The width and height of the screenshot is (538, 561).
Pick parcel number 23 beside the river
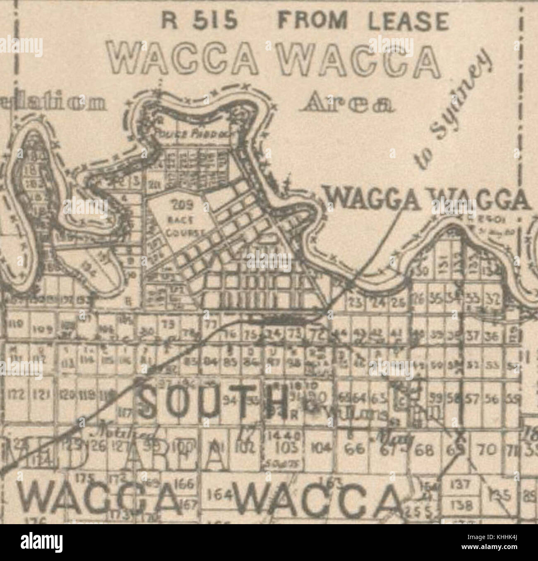[355, 304]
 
